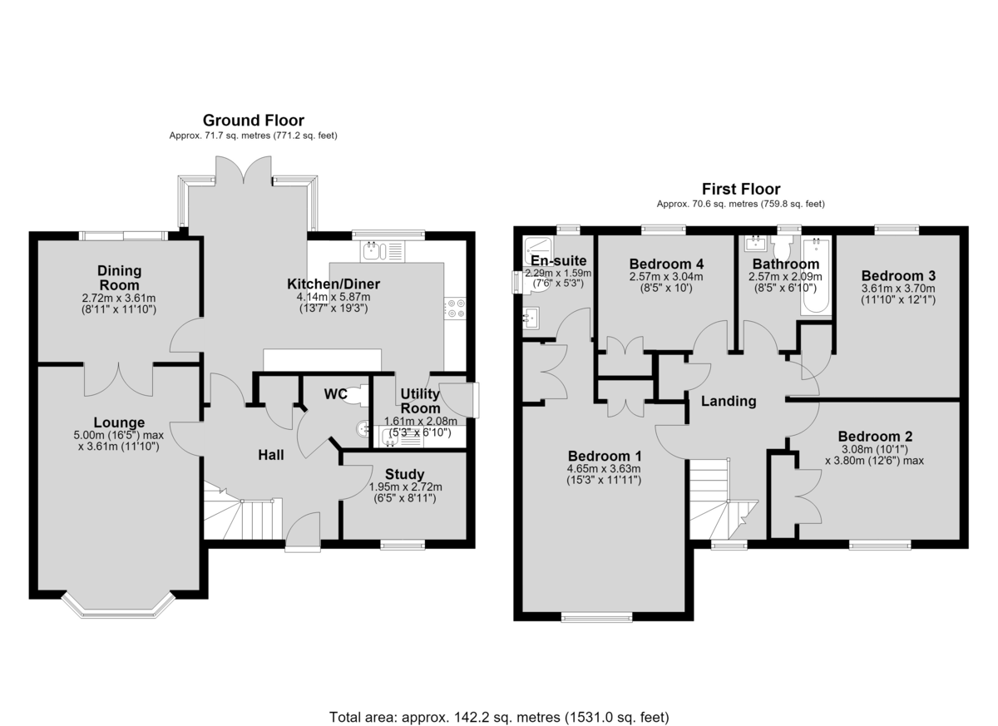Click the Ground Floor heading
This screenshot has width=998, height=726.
coord(254,121)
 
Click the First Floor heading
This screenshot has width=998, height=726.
coord(741,190)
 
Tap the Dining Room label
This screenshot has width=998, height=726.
coord(119,278)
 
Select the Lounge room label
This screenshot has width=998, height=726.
coord(119,422)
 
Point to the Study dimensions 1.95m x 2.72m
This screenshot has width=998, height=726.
coord(406,487)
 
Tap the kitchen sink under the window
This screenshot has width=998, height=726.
coord(383,251)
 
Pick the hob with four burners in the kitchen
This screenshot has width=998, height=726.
coord(455,308)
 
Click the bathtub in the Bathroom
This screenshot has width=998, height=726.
coord(816,276)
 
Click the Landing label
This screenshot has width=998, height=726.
coord(729,402)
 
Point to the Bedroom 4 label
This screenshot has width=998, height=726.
coord(666,264)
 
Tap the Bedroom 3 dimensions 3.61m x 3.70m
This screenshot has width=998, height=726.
coord(897,289)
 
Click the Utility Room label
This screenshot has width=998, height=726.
coord(420,401)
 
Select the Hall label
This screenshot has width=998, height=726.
coord(271,455)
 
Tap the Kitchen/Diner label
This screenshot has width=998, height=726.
coord(333,284)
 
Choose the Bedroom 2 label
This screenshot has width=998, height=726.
coord(875,436)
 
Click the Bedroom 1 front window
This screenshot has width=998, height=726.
coord(596,617)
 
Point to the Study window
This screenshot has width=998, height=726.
coord(403,544)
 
